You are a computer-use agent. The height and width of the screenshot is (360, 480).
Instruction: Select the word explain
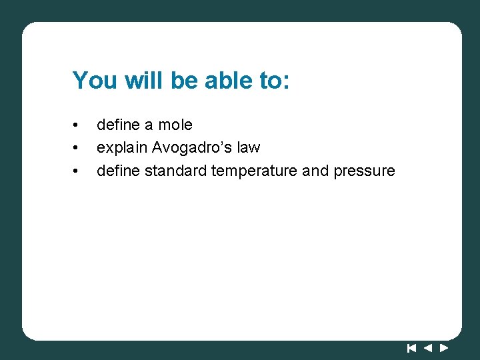pos(122,147)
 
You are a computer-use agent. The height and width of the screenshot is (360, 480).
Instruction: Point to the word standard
pos(175,171)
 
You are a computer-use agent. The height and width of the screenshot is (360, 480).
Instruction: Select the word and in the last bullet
pos(315,171)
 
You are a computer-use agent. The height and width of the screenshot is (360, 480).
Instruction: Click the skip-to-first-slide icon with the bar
pos(411,347)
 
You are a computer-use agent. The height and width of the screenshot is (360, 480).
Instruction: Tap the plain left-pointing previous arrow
pos(428,347)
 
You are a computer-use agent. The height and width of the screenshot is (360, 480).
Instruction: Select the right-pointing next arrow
pos(444,347)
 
